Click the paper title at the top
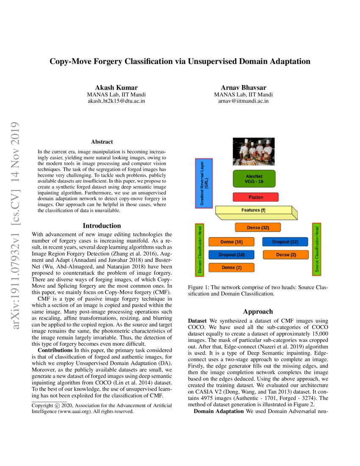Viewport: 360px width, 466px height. (x=180, y=61)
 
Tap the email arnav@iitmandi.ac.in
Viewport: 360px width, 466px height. (x=244, y=101)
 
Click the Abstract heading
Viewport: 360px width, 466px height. (x=102, y=142)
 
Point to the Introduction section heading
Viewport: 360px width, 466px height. (x=102, y=225)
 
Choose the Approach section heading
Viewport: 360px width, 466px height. (x=258, y=311)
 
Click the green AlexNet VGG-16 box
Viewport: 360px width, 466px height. (x=254, y=179)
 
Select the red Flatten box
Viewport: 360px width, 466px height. (x=256, y=197)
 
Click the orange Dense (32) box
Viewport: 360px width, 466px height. (x=258, y=228)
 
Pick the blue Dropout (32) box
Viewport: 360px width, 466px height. (x=285, y=242)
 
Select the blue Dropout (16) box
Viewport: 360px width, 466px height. (x=231, y=255)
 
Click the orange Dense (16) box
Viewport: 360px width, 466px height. (x=231, y=242)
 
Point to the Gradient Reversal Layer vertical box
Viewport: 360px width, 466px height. (x=204, y=183)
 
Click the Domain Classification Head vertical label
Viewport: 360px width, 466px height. (x=199, y=249)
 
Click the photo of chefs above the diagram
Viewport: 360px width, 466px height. (x=254, y=151)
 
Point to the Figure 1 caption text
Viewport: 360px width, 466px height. (x=258, y=290)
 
